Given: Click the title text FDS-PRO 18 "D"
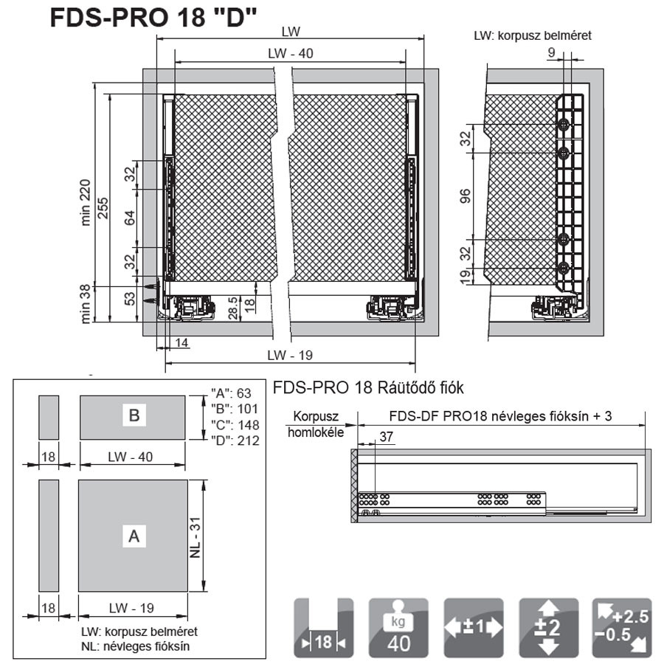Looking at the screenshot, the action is [x=153, y=18].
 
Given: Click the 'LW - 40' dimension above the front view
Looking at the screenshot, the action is [x=291, y=53].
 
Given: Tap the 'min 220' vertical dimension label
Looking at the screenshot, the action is [x=85, y=202].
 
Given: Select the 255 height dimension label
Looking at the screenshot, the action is [x=103, y=208].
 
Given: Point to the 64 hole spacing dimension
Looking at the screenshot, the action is [x=130, y=218].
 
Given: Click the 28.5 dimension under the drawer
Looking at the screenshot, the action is [x=232, y=308].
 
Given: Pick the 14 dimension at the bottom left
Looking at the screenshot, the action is [x=181, y=342].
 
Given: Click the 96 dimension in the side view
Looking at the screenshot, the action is [x=465, y=196].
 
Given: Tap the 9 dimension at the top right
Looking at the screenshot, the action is [x=551, y=52].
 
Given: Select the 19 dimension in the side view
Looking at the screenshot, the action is [x=465, y=276].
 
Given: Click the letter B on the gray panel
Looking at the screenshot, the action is [x=134, y=415].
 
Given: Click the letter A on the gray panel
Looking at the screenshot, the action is [x=134, y=536].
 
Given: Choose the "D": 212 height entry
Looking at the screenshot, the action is [x=235, y=441].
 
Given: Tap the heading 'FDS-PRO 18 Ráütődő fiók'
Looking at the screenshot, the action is [x=368, y=387].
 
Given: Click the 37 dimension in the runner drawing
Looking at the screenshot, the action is [x=386, y=437].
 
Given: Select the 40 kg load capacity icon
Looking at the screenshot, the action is [x=398, y=628].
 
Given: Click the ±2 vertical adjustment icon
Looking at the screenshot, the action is [x=549, y=628].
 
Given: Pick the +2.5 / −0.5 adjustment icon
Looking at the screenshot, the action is [x=622, y=628].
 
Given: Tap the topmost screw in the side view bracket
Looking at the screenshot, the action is [x=564, y=124].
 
